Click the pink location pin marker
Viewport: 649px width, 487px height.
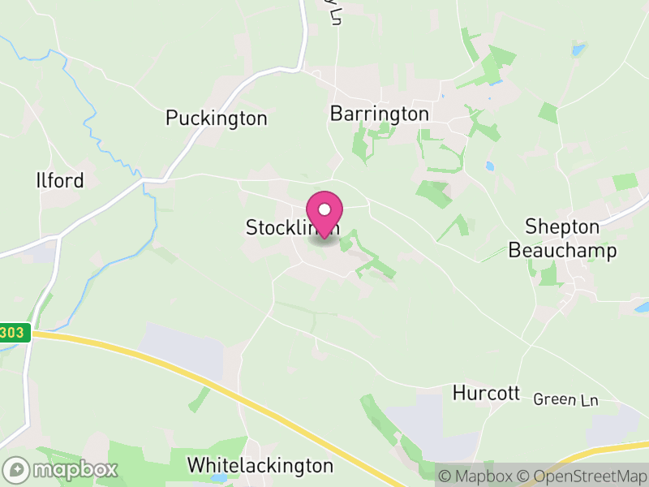tap(324, 214)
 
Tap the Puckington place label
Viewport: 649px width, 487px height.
tap(216, 119)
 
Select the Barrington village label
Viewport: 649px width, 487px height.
tap(379, 114)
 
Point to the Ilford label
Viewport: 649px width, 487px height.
tap(60, 180)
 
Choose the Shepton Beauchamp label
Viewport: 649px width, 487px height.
tap(562, 239)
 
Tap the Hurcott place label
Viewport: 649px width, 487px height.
tap(486, 394)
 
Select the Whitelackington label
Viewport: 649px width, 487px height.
tap(260, 466)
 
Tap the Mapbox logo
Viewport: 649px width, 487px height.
tap(62, 469)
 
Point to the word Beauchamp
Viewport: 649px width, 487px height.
tap(562, 251)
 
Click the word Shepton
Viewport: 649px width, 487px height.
tap(562, 226)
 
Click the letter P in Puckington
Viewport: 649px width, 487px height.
tap(171, 119)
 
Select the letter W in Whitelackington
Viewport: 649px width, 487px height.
tap(196, 466)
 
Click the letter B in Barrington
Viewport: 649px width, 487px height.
tap(336, 114)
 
